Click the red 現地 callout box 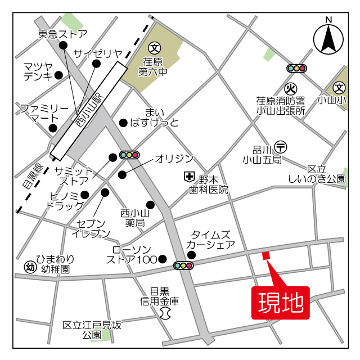tap(280, 303)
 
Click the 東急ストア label tap(63, 34)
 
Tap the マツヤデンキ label tap(39, 71)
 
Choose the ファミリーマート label tap(44, 113)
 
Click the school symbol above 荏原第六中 tap(155, 48)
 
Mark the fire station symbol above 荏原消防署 tap(290, 88)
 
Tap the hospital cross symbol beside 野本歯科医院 tap(189, 178)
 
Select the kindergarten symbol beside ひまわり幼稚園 tap(29, 264)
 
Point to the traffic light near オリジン tap(129, 155)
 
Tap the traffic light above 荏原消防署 tap(296, 69)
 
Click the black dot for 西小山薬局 tap(150, 205)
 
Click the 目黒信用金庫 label tap(160, 296)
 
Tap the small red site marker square tap(266, 255)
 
